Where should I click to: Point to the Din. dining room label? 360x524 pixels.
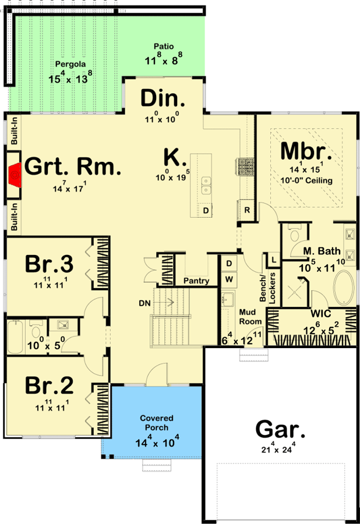(x=163, y=98)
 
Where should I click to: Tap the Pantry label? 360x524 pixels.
(x=196, y=281)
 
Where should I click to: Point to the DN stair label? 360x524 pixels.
(x=146, y=303)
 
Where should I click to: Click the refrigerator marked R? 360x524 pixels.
(x=247, y=210)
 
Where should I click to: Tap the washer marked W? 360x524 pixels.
(x=229, y=278)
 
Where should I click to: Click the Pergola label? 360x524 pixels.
(x=67, y=64)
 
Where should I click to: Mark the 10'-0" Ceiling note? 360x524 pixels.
(x=306, y=180)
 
